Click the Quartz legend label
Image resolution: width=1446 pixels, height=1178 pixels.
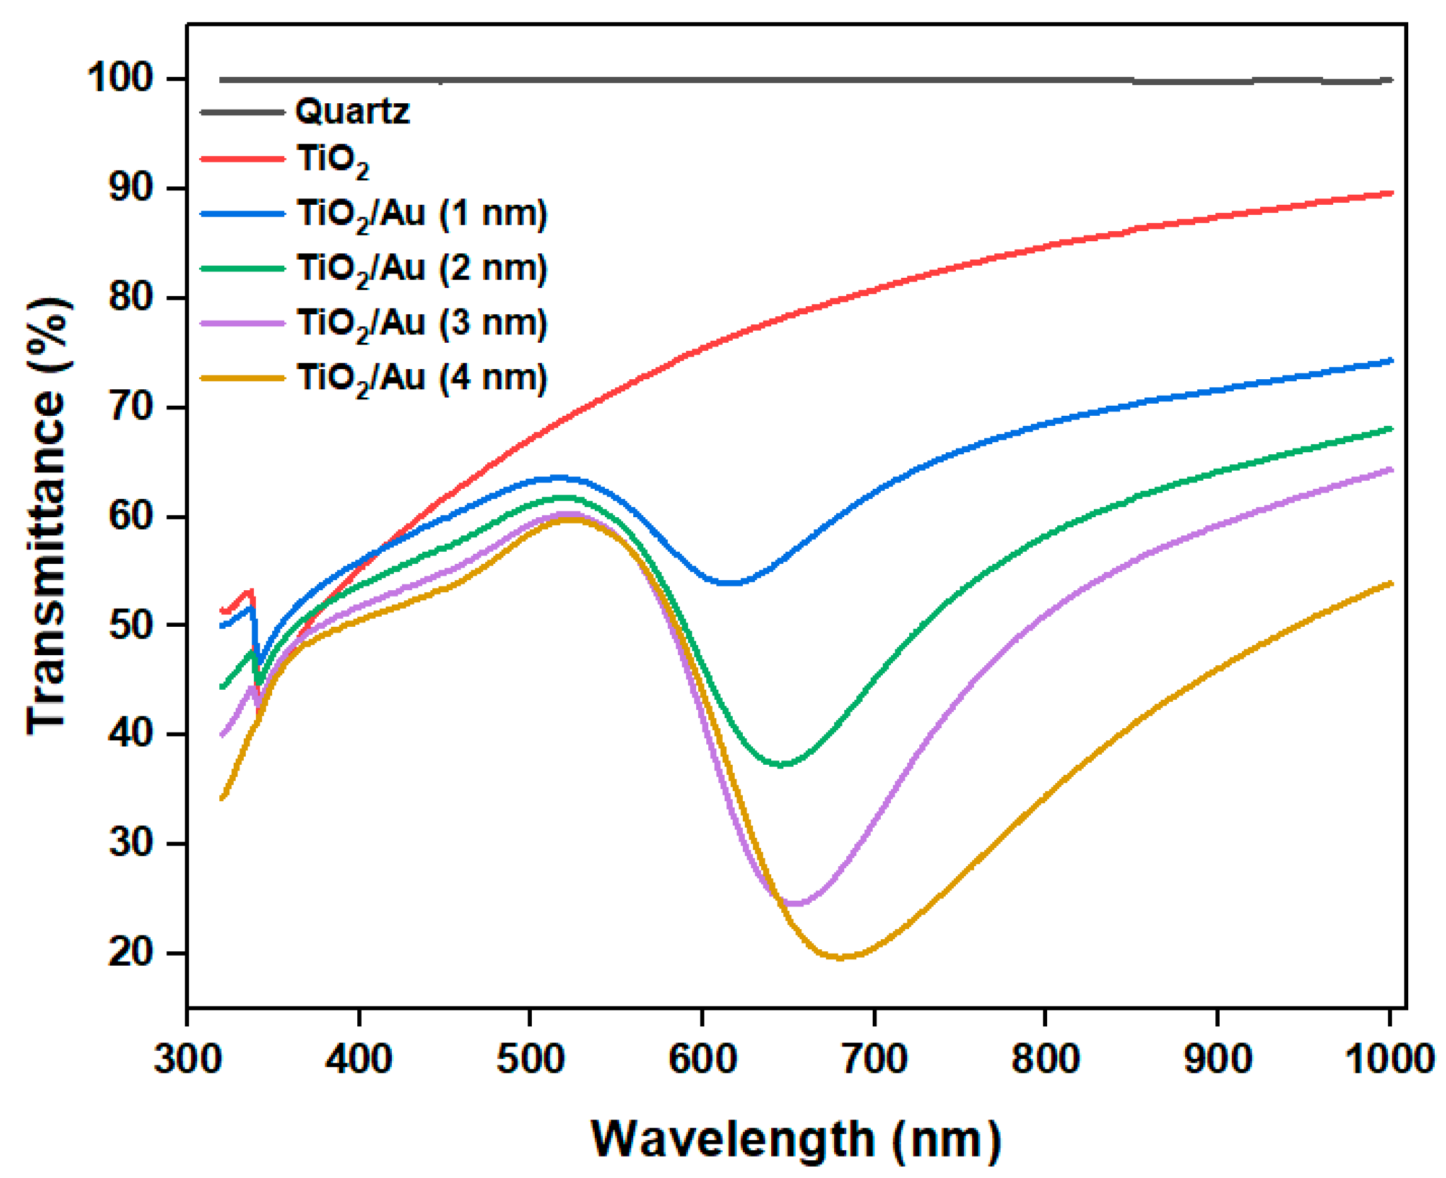tap(352, 111)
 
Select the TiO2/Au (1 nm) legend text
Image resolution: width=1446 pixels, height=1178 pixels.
tap(422, 214)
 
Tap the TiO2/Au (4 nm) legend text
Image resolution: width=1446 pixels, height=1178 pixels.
tap(422, 378)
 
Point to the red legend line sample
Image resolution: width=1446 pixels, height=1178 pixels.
tap(242, 159)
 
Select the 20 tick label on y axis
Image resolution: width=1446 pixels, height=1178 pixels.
tap(130, 952)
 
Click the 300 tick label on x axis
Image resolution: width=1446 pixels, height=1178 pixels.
tap(187, 1058)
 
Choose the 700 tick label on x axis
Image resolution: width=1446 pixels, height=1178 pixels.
tap(874, 1058)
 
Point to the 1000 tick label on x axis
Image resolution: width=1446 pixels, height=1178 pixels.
tap(1388, 1058)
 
